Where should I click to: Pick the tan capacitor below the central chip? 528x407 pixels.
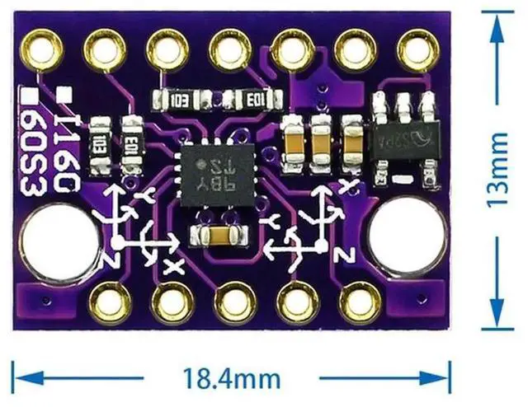(216, 236)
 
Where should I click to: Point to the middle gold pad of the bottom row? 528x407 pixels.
(234, 303)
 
